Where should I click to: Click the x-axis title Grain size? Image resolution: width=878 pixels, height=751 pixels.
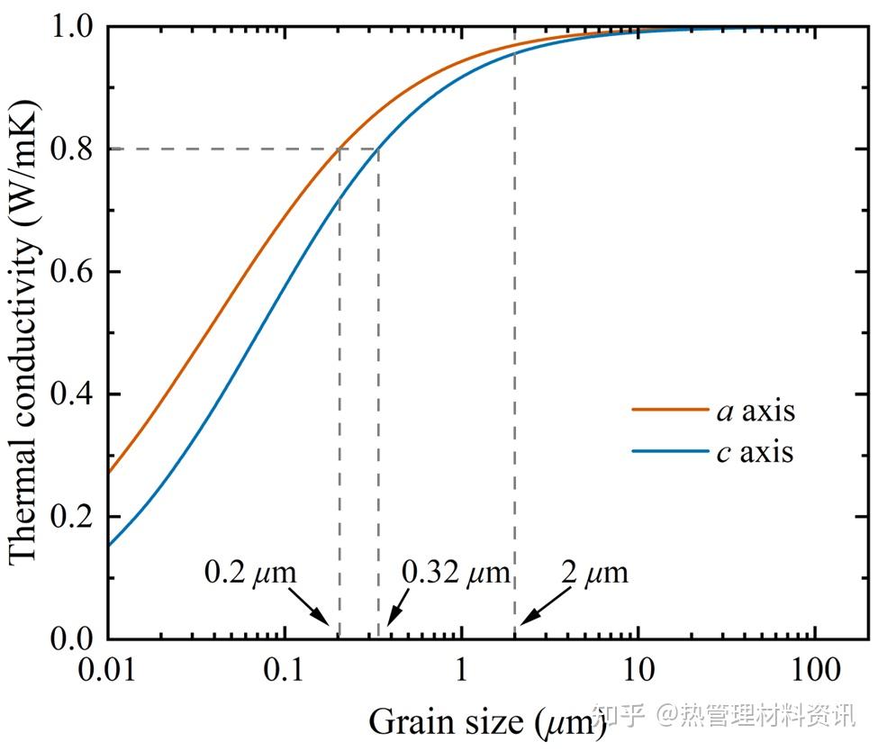(x=486, y=720)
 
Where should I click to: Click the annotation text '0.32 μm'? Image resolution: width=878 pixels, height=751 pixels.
(x=456, y=572)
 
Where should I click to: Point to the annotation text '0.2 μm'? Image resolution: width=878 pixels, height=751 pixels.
(x=250, y=572)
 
